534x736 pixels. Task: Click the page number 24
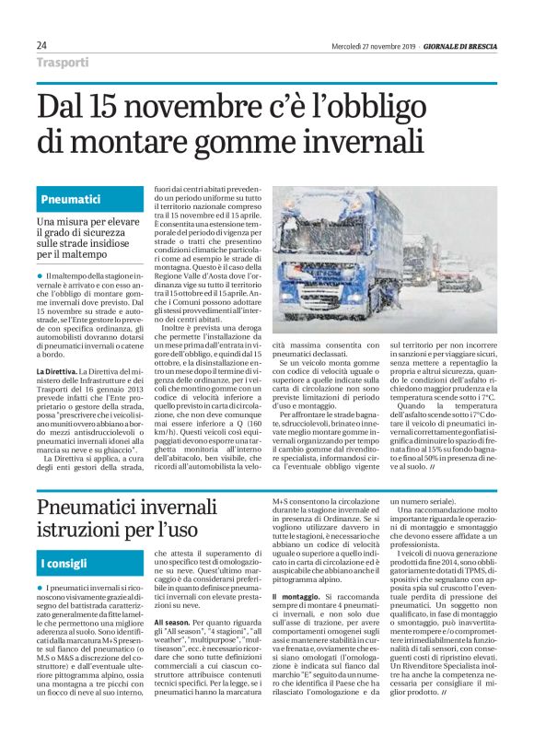click(42, 46)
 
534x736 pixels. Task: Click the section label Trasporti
click(64, 63)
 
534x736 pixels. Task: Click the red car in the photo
click(458, 277)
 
